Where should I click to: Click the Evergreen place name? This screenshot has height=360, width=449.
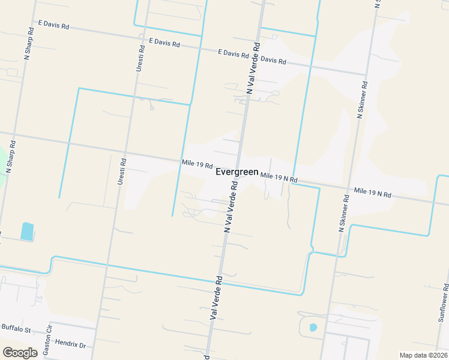click(237, 172)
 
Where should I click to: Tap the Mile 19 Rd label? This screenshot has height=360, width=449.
click(197, 164)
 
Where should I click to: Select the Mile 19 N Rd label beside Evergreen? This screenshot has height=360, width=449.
click(279, 178)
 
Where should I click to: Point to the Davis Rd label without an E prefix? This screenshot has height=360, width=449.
click(273, 61)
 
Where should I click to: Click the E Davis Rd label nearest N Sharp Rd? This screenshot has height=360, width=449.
click(54, 25)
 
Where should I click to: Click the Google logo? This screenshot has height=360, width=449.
click(20, 353)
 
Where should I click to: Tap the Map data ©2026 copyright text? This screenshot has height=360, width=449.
click(423, 355)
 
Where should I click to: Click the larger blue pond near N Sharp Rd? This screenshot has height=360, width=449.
click(27, 231)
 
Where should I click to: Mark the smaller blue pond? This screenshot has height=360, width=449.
click(313, 328)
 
